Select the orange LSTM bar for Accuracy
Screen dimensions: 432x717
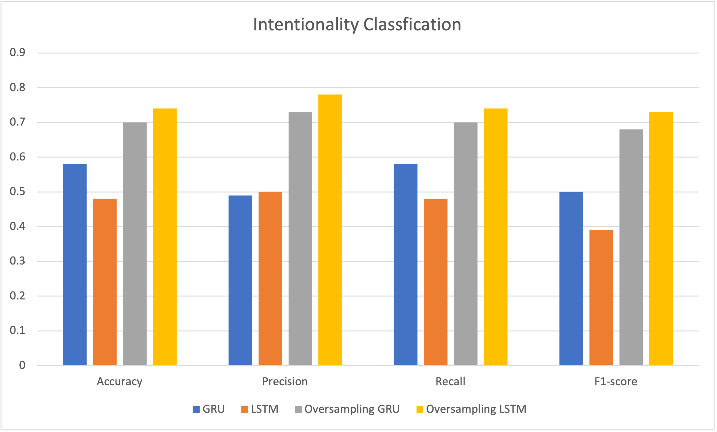tap(105, 282)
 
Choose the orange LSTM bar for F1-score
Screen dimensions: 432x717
tap(601, 297)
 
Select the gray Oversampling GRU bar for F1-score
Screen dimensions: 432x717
tap(631, 247)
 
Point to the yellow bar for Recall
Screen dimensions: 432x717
tap(495, 237)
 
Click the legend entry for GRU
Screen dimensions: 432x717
tap(209, 409)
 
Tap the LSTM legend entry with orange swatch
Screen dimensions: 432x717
tap(260, 409)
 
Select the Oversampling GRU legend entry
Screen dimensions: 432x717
tap(347, 409)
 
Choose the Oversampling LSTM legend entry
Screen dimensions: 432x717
tap(472, 409)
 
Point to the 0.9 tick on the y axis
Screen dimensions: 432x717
tap(18, 53)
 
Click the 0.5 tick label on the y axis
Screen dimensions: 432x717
tap(18, 192)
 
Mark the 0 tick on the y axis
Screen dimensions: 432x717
tap(22, 365)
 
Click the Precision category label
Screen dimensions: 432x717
tap(285, 381)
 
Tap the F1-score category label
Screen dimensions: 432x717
tap(615, 381)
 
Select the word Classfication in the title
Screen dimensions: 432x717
tap(412, 25)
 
